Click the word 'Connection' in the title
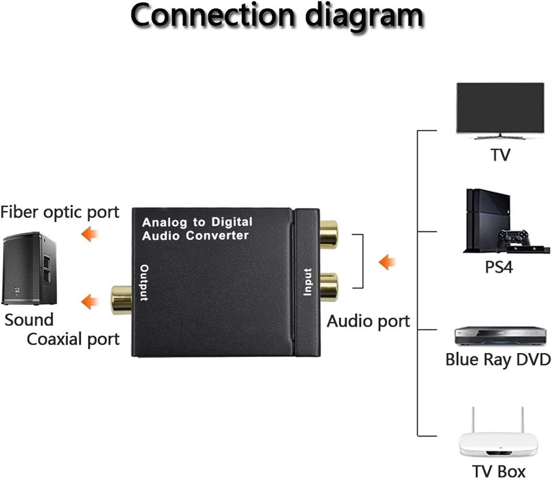[x=213, y=16]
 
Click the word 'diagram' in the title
[x=364, y=16]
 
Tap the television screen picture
[x=500, y=108]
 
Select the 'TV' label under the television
[x=500, y=155]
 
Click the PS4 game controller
[x=514, y=239]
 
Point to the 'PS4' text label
[x=499, y=267]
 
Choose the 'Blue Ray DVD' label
[x=498, y=359]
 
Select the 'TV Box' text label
[x=498, y=471]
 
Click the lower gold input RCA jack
[x=329, y=287]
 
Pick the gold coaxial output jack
[x=121, y=299]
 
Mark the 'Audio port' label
[x=368, y=321]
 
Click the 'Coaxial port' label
[x=73, y=339]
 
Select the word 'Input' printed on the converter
[x=308, y=282]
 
